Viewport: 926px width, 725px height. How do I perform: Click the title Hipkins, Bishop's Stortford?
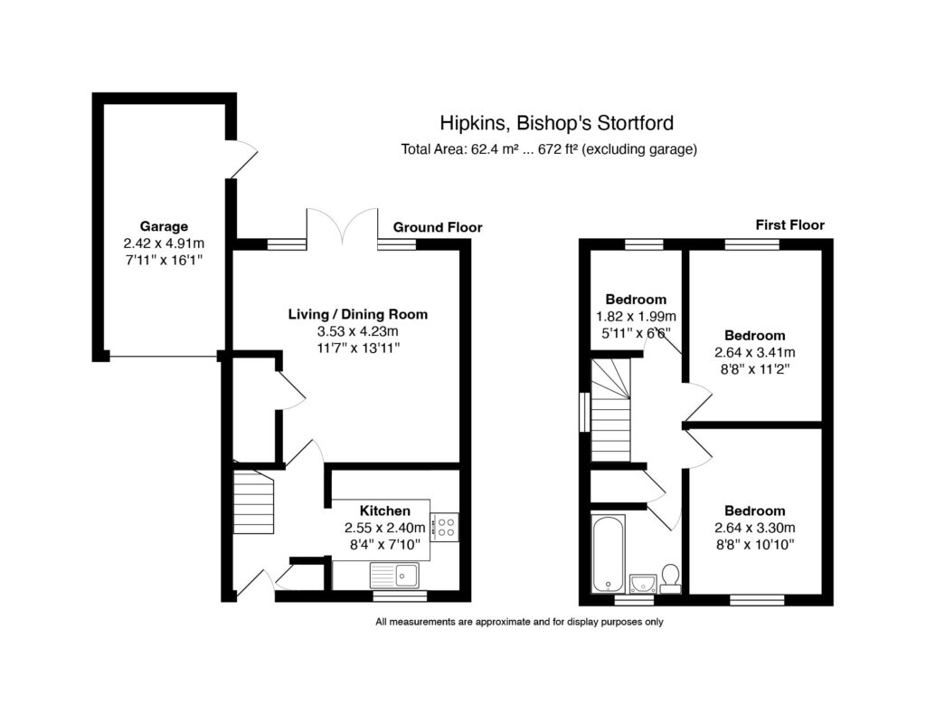[556, 122]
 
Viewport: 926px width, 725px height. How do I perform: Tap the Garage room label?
[164, 226]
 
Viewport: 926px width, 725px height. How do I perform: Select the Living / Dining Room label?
[357, 315]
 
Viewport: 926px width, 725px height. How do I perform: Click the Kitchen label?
[384, 510]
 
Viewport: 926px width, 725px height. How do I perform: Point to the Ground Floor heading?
[437, 227]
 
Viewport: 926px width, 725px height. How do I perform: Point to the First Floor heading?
[789, 224]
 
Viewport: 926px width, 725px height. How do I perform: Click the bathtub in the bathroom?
[607, 553]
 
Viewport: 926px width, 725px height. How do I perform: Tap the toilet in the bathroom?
[670, 577]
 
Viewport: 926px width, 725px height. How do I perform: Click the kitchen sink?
[394, 574]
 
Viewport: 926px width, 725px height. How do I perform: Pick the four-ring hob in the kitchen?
[445, 527]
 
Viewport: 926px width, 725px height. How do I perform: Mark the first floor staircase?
[610, 409]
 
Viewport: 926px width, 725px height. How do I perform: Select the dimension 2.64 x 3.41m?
[755, 352]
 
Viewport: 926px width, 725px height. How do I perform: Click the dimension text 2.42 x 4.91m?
[164, 243]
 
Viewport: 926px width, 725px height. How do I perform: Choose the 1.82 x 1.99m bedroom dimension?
[636, 316]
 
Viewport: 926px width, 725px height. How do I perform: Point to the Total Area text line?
[549, 149]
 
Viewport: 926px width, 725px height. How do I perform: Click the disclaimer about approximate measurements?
[519, 622]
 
